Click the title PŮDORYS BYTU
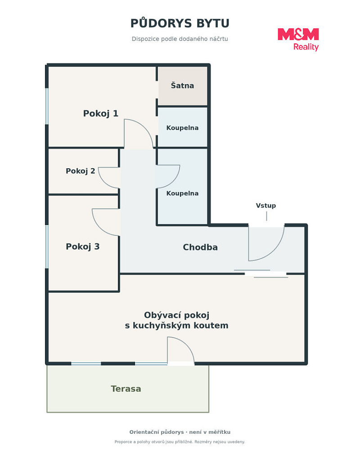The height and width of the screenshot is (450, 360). click(180, 23)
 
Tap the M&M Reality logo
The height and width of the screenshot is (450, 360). click(298, 39)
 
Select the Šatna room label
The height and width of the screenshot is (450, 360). click(182, 85)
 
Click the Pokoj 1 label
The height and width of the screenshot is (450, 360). click(101, 114)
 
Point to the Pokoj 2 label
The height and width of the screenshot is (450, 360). click(81, 171)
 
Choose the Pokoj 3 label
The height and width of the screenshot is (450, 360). click(83, 247)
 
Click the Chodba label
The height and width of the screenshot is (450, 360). click(200, 247)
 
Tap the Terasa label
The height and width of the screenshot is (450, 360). click(126, 389)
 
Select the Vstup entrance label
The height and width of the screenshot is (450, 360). click(266, 206)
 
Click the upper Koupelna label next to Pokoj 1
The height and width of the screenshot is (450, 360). click(182, 128)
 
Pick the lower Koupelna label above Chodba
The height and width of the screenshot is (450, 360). click(182, 193)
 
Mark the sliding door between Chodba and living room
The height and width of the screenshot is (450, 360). click(261, 274)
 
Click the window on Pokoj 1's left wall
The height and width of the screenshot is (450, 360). click(47, 106)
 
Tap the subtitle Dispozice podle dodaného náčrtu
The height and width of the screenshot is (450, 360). click(180, 39)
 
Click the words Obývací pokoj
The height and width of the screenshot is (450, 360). click(176, 315)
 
